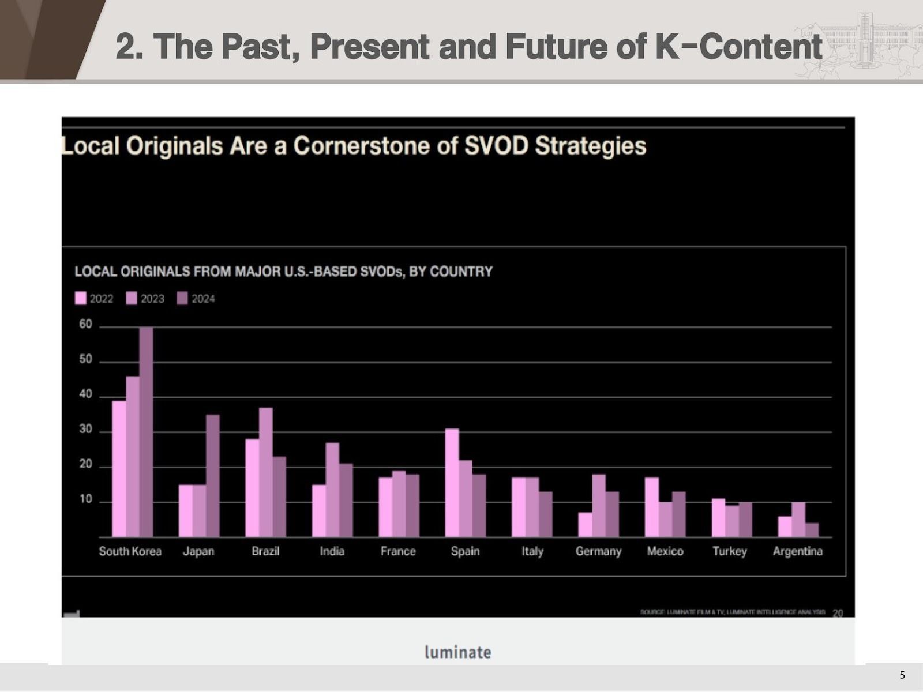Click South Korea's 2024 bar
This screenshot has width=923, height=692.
point(146,432)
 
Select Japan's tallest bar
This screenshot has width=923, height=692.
point(212,476)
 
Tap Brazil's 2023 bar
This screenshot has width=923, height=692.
point(265,473)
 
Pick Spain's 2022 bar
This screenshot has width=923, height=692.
point(452,483)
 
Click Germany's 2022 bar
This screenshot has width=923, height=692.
point(585,525)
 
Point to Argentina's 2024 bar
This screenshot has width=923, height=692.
point(812,530)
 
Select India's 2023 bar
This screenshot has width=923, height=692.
point(332,490)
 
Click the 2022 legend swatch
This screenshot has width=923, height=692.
point(81,298)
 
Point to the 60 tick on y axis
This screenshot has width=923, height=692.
point(85,324)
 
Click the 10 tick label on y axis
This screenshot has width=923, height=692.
point(85,499)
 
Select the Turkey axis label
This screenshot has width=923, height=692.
point(729,551)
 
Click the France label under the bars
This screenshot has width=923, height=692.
point(398,551)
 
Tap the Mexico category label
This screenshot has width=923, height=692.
point(665,551)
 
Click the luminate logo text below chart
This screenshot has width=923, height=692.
point(457,652)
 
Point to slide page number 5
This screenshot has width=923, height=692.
point(902,675)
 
